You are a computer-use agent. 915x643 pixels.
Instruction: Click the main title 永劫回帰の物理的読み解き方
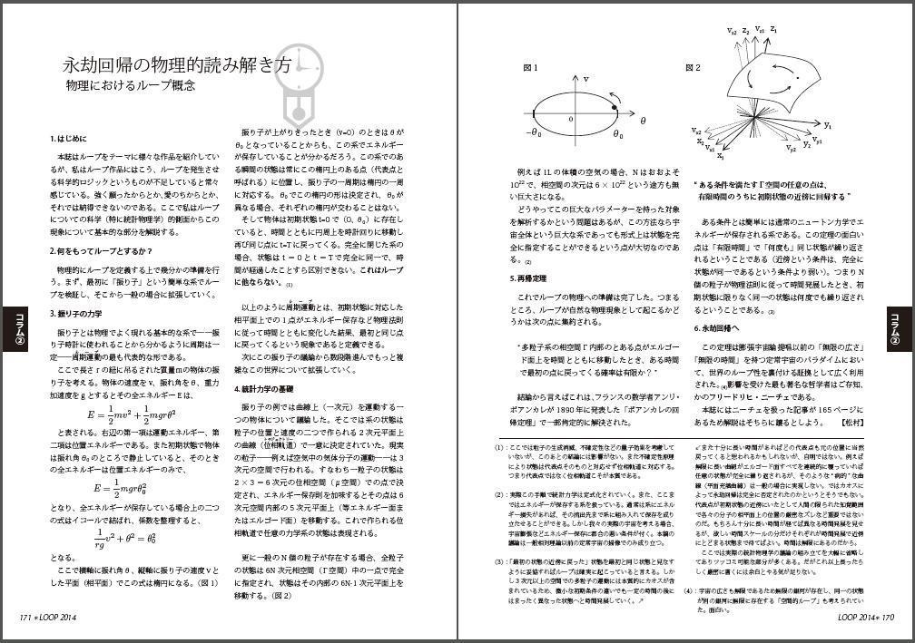(177, 66)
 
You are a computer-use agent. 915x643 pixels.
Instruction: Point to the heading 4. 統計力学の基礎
(269, 388)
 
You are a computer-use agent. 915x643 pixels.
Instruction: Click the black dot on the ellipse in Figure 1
(615, 109)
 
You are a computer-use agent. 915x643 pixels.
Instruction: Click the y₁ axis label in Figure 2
(828, 124)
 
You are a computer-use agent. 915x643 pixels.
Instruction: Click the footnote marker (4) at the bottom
(689, 591)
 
